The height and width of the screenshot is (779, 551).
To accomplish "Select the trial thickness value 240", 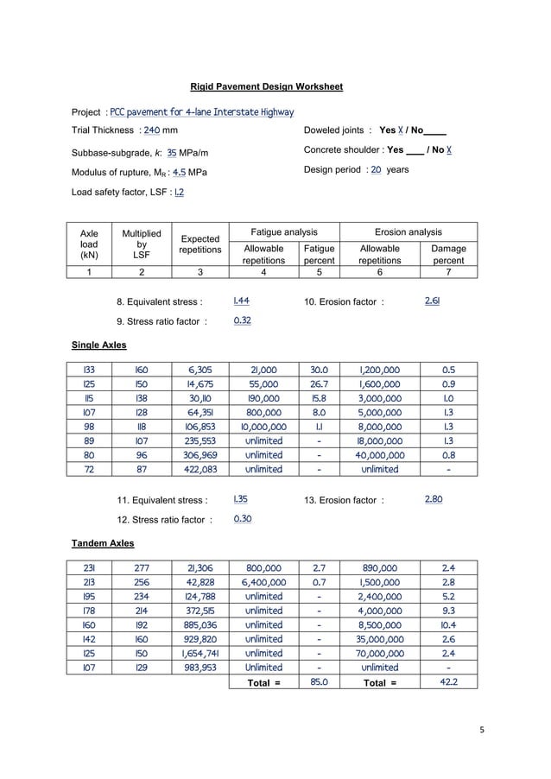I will [x=151, y=130].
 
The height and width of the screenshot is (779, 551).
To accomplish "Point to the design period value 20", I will [x=376, y=170].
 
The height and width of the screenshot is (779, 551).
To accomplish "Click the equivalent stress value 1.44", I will [x=243, y=301].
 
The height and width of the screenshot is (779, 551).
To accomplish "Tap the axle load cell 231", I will [x=89, y=568].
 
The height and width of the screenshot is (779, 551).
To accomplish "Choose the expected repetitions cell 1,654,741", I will [x=200, y=652].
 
